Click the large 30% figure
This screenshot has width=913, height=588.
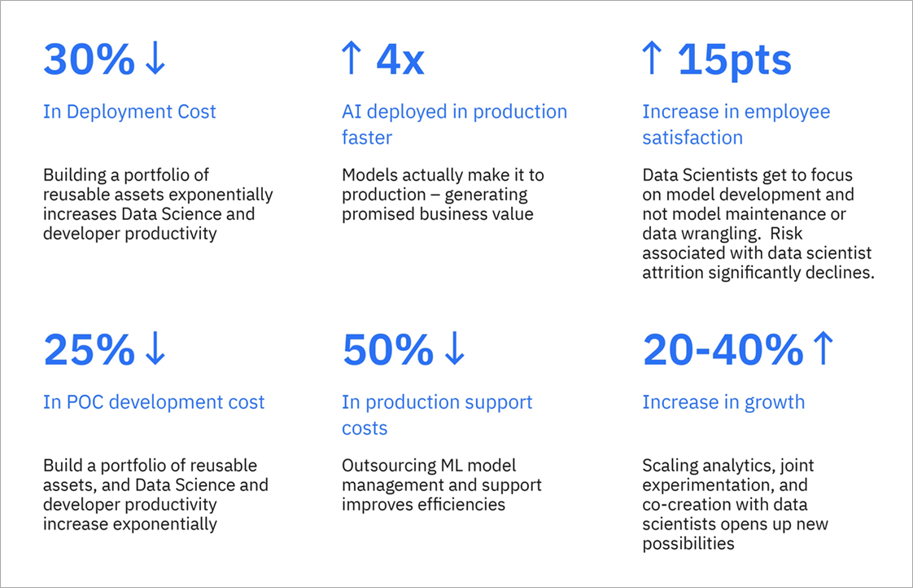coord(89,59)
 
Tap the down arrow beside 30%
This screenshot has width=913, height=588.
coord(155,58)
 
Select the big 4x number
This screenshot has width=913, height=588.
coord(400,59)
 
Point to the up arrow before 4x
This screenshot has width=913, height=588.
coord(351,58)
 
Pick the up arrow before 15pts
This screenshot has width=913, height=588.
coord(652,58)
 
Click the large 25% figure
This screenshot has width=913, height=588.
coord(89,349)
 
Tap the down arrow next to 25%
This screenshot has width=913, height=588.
coord(155,349)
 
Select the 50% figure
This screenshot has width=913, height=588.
coord(388,349)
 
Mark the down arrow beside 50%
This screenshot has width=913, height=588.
coord(454,349)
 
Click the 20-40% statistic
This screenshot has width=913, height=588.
coord(723,349)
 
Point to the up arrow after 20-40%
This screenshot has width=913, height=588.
coord(823,349)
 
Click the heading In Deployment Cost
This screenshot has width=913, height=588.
coord(129,112)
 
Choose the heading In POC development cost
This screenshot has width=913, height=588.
coord(154,402)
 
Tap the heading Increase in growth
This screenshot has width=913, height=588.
coord(723,402)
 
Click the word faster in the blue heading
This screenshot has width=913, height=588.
coord(367,138)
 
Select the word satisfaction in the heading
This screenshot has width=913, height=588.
coord(693,138)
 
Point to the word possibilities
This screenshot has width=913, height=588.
coord(688,544)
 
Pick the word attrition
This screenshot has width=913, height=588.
coord(673,272)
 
